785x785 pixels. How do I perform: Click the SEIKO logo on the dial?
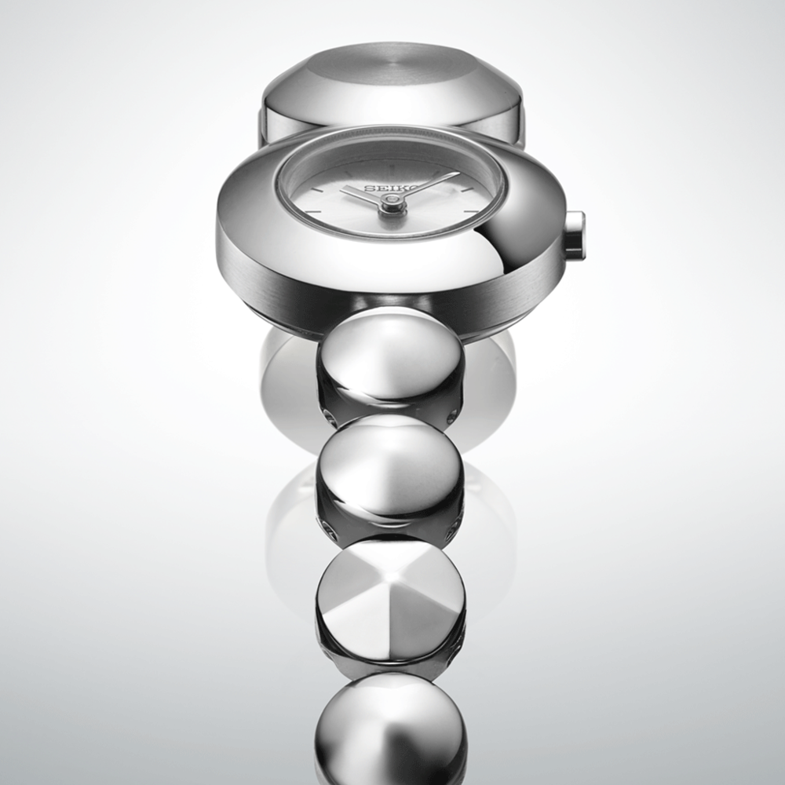click(x=392, y=188)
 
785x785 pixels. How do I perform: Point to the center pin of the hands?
click(x=390, y=200)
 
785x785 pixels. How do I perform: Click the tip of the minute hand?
click(x=458, y=173)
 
